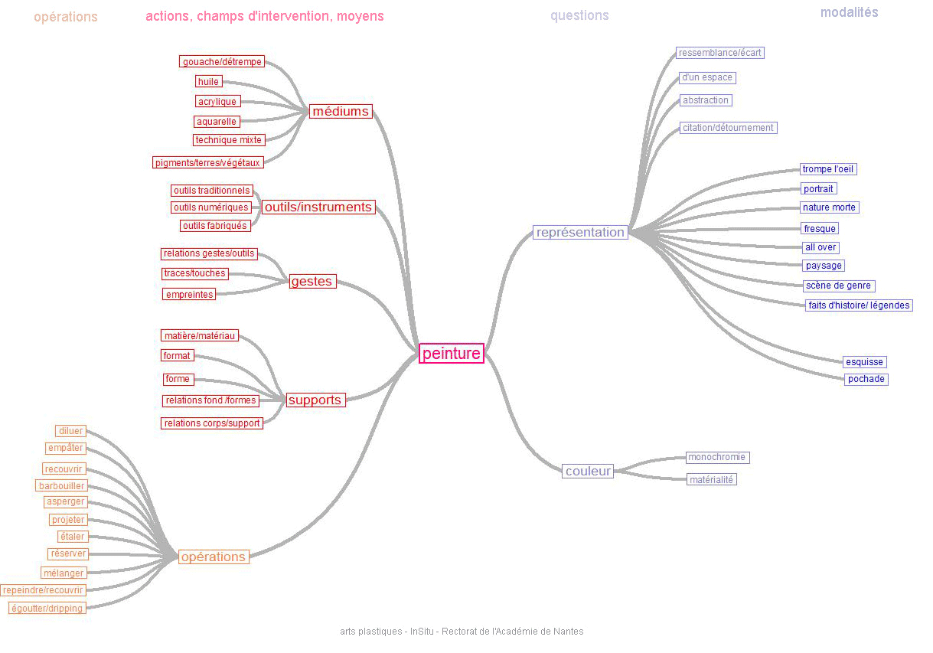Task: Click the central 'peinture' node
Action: [x=452, y=353]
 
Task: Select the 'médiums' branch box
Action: [x=341, y=111]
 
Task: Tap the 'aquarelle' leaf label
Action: [x=217, y=122]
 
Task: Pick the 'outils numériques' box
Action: [x=210, y=207]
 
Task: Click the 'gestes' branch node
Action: [x=312, y=282]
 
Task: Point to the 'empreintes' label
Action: [x=189, y=294]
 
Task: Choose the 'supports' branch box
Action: [x=315, y=400]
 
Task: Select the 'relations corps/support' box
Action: [x=211, y=423]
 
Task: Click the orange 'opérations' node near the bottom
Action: [x=214, y=557]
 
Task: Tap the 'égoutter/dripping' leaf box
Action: [x=47, y=608]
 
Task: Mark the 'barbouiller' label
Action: [x=61, y=485]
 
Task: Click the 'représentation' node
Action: [x=580, y=232]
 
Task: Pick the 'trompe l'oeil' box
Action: [x=828, y=169]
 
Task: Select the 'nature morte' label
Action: [x=829, y=207]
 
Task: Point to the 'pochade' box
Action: [x=866, y=379]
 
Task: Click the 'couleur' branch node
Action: [x=588, y=471]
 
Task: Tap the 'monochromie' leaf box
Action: [x=716, y=457]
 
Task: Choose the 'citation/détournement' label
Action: [x=728, y=128]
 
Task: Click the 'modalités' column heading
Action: [x=849, y=12]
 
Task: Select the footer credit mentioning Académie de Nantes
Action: [x=462, y=632]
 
